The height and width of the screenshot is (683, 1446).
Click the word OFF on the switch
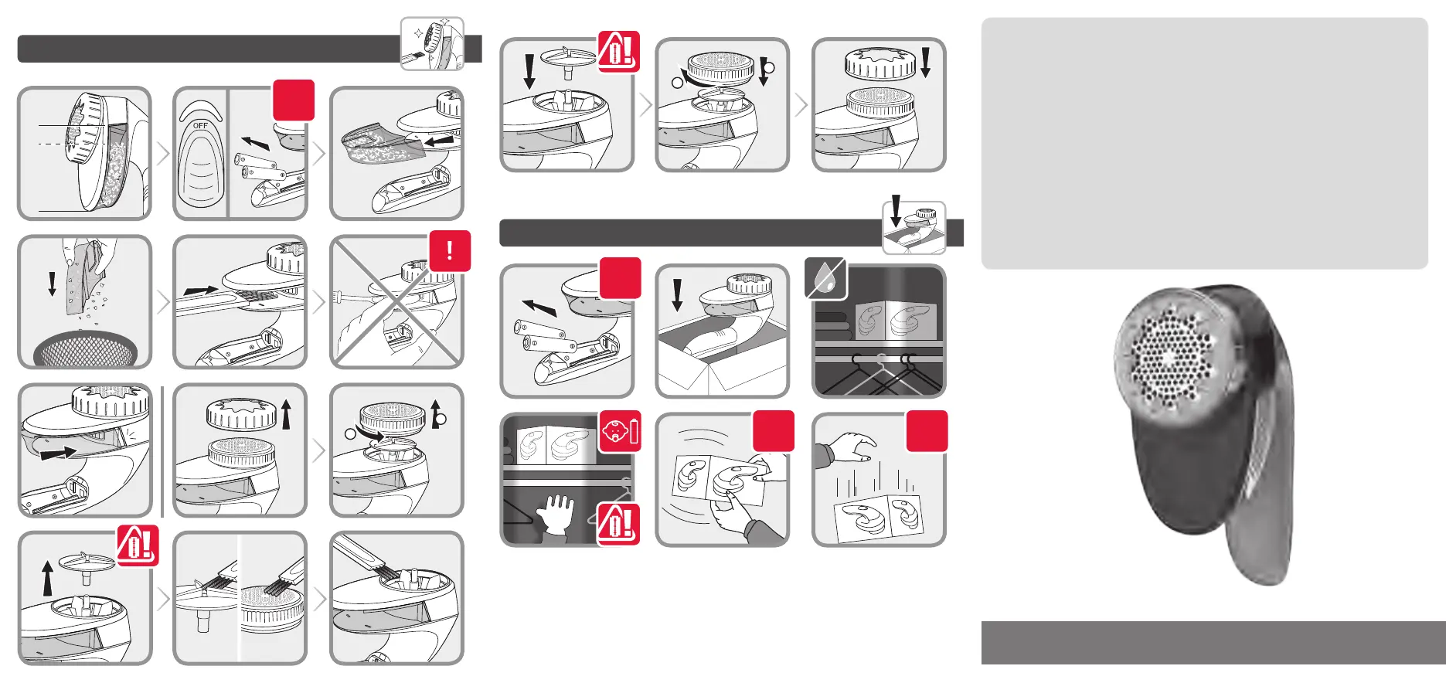tap(201, 125)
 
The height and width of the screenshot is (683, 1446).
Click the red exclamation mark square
tap(450, 252)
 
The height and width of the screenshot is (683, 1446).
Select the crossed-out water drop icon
tap(825, 279)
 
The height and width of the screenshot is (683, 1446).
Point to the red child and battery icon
tap(620, 431)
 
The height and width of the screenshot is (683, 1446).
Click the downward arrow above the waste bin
tap(52, 284)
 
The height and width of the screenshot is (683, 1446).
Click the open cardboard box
tap(721, 353)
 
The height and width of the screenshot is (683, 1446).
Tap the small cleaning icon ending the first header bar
tap(432, 44)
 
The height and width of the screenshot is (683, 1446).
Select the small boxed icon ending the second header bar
tap(914, 228)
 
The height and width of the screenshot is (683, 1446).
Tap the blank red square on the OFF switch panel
tap(294, 100)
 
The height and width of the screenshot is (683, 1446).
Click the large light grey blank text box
tap(1204, 144)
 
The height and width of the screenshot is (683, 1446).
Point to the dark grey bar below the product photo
tap(1213, 643)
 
